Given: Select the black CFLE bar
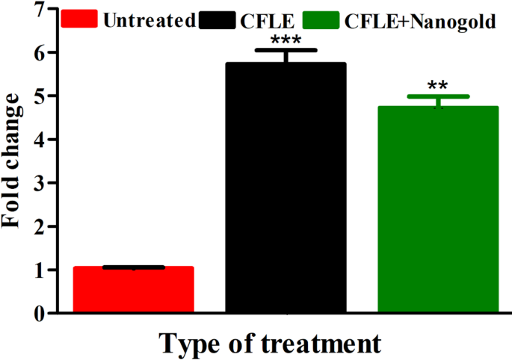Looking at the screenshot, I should pos(286,187).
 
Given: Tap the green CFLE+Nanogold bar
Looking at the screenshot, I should pos(438,208).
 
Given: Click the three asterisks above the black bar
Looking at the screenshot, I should pos(286,40).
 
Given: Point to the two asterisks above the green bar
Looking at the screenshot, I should pos(438,85).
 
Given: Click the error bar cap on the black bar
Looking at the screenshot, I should pos(286,50).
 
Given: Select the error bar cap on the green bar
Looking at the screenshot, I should pos(438,96).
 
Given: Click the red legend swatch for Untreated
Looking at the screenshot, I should pos(79,20).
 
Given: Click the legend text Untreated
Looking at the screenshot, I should pos(149,20).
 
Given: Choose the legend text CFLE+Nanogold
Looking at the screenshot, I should pos(420,21).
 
